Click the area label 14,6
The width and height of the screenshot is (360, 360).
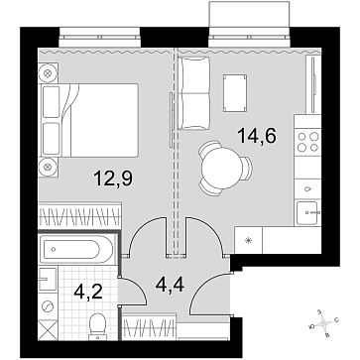click(257, 136)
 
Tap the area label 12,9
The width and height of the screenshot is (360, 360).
click(113, 179)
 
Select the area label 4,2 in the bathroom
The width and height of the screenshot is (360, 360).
click(88, 292)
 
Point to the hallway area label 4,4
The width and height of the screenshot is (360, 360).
click(170, 285)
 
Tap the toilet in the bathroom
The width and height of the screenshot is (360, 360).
click(97, 326)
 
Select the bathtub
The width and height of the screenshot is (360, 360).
click(77, 249)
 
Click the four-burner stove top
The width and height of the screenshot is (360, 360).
click(307, 141)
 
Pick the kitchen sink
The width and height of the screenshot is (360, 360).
click(308, 212)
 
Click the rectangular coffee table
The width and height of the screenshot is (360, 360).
click(235, 92)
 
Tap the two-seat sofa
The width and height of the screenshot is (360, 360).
click(193, 93)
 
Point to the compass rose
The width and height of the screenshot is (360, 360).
click(323, 324)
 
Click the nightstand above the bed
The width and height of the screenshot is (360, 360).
click(49, 73)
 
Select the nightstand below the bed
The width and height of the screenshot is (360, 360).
click(49, 167)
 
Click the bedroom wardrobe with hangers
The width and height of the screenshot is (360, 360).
click(79, 215)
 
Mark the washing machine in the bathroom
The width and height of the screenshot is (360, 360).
click(49, 306)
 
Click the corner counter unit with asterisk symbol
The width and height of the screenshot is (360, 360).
click(248, 240)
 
